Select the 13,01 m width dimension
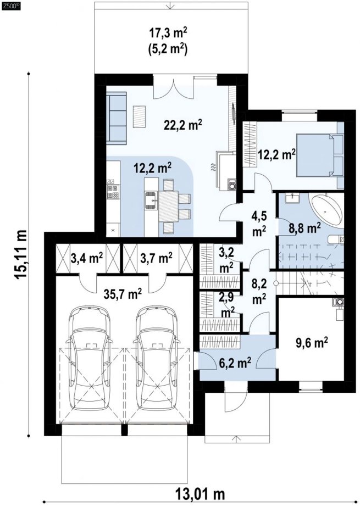pos(200,494)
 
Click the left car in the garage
pos(88,358)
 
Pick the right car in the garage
pos(156,358)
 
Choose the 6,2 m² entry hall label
pos(235,364)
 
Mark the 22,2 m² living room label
pos(182,125)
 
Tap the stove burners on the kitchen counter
pos(112,192)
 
